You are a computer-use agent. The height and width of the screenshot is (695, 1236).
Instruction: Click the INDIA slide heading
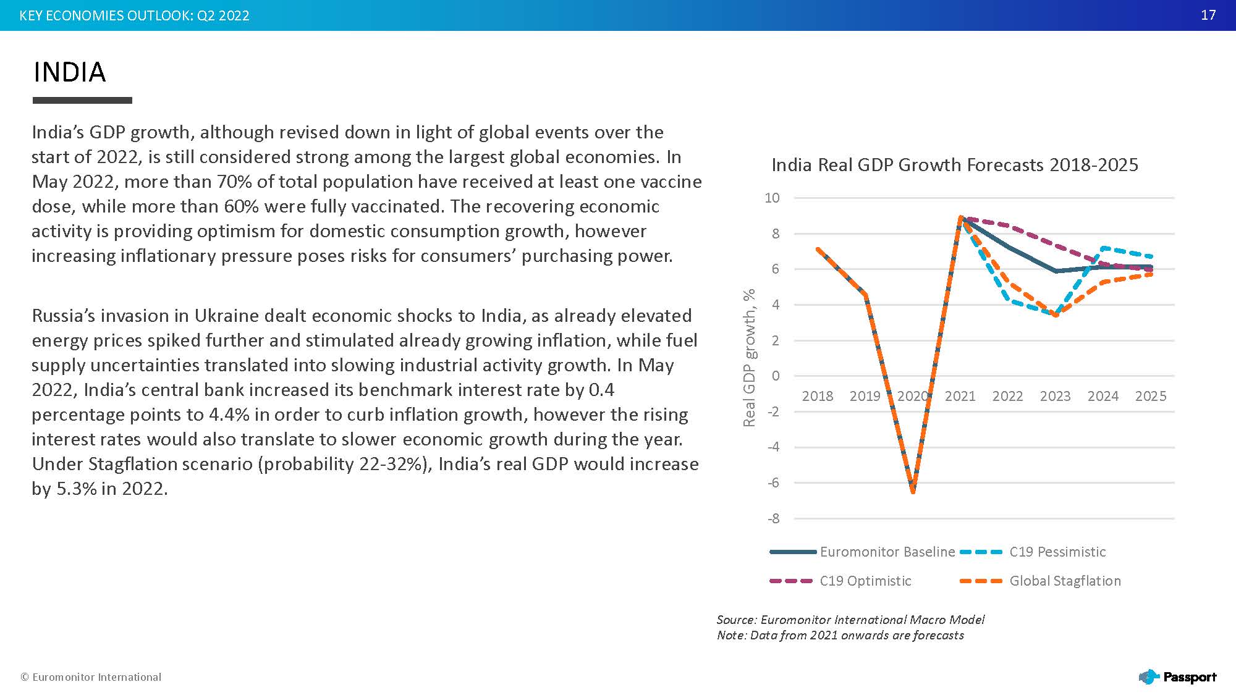pyautogui.click(x=69, y=72)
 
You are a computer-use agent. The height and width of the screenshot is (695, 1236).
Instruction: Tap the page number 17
pyautogui.click(x=1208, y=15)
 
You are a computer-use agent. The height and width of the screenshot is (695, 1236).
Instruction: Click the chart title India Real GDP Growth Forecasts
pyautogui.click(x=954, y=165)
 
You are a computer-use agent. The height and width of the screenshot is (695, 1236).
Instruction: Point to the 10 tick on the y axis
pyautogui.click(x=772, y=198)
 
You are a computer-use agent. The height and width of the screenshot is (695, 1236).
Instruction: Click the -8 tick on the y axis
pyautogui.click(x=773, y=519)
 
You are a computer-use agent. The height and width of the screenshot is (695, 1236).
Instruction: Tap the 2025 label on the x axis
pyautogui.click(x=1150, y=396)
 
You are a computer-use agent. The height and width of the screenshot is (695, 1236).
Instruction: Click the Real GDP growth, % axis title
pyautogui.click(x=749, y=358)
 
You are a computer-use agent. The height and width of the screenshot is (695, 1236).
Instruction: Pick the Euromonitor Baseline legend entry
pyautogui.click(x=887, y=552)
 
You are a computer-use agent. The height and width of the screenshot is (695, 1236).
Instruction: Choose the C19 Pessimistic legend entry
pyautogui.click(x=1057, y=552)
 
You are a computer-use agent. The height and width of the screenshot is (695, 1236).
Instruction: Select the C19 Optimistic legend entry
pyautogui.click(x=865, y=581)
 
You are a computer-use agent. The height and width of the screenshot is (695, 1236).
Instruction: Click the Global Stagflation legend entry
pyautogui.click(x=1064, y=581)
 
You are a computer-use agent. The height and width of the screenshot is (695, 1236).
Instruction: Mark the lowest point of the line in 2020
pyautogui.click(x=913, y=491)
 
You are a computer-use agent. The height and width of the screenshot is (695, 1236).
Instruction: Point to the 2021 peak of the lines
pyautogui.click(x=960, y=217)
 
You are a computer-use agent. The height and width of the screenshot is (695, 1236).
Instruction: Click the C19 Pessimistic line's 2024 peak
pyautogui.click(x=1103, y=248)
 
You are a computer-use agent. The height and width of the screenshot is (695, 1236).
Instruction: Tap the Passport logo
pyautogui.click(x=1177, y=677)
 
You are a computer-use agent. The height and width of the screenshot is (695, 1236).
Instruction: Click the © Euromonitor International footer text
pyautogui.click(x=91, y=677)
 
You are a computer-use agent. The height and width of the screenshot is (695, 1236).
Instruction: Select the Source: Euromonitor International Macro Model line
pyautogui.click(x=850, y=620)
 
